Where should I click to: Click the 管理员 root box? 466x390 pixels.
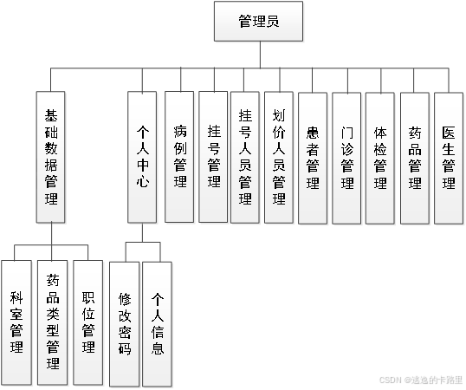coord(258,22)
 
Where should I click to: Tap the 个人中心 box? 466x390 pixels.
coord(144,156)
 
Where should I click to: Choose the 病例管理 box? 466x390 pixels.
coord(180,156)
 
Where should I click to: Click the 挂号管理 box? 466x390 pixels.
coord(214,156)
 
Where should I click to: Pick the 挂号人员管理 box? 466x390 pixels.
coord(247,156)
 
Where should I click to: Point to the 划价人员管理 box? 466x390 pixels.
coord(280,156)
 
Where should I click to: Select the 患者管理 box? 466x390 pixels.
coord(314,156)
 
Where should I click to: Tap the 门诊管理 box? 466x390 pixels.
coord(347,156)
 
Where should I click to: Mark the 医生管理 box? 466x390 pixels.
coord(448,156)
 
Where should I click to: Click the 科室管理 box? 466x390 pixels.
coord(17,322)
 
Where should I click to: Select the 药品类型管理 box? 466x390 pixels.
coord(52,322)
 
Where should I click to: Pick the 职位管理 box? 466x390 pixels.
coord(87,322)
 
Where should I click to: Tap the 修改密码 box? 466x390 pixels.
coord(125,322)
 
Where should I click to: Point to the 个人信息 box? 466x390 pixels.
coord(158,322)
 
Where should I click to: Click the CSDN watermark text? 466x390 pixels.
coord(420,380)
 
